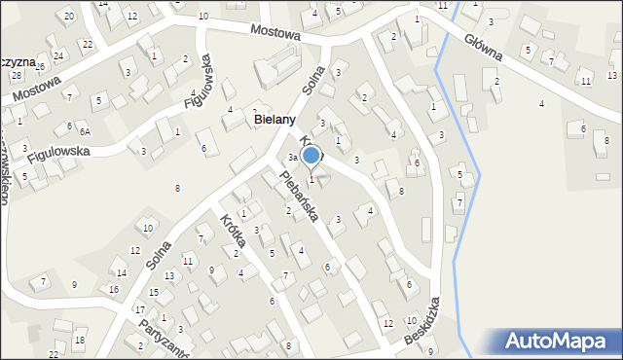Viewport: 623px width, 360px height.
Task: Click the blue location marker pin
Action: [311, 155]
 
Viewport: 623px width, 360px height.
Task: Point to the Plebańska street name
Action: [299, 196]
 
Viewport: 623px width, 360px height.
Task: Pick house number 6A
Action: [85, 131]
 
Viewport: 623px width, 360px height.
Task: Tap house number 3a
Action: [292, 158]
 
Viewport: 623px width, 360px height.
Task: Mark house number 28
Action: [17, 75]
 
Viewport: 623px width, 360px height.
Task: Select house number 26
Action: [41, 65]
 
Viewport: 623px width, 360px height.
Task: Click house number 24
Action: [58, 55]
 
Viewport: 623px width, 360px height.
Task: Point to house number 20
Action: [68, 17]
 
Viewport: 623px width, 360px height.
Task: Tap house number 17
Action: [139, 309]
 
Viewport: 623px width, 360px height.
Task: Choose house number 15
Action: [154, 293]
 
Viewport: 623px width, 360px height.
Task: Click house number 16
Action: [114, 290]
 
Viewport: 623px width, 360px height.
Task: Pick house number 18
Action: [80, 340]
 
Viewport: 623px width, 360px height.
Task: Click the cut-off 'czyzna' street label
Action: [18, 61]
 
